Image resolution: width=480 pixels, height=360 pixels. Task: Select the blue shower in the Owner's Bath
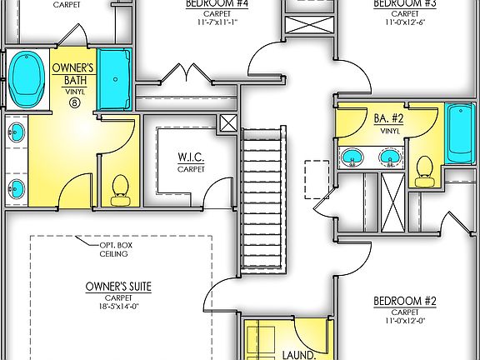[115, 80]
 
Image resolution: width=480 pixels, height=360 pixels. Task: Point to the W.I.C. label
[190, 157]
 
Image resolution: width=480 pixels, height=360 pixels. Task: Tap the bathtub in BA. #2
[460, 133]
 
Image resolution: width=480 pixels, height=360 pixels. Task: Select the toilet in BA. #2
[423, 169]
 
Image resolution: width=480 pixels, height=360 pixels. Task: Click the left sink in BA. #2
[353, 156]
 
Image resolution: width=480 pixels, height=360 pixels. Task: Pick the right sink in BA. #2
[387, 156]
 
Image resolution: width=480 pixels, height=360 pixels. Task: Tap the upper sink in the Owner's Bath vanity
[15, 131]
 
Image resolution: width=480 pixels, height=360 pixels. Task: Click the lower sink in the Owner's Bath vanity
[15, 185]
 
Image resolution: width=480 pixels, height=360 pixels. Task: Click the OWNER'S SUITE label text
[117, 287]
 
